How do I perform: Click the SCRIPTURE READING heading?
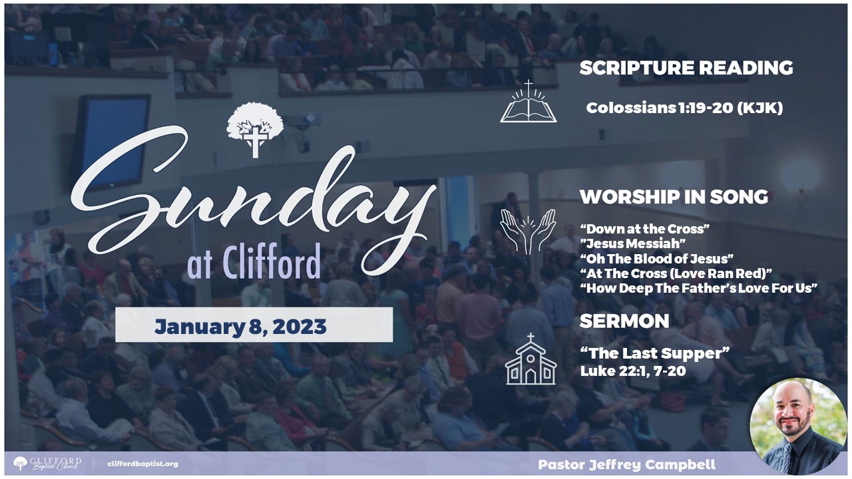pyautogui.click(x=686, y=68)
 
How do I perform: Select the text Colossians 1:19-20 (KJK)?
pyautogui.click(x=685, y=108)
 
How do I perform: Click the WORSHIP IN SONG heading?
pyautogui.click(x=674, y=197)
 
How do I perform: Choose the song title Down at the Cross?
pyautogui.click(x=645, y=229)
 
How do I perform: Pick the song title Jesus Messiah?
pyautogui.click(x=633, y=243)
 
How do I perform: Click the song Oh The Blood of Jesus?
pyautogui.click(x=657, y=259)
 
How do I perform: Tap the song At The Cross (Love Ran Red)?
pyautogui.click(x=676, y=273)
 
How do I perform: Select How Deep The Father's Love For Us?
pyautogui.click(x=699, y=288)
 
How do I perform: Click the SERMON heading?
pyautogui.click(x=624, y=321)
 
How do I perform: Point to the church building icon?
pyautogui.click(x=531, y=359)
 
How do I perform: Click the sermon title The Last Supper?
pyautogui.click(x=655, y=353)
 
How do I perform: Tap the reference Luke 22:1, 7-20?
pyautogui.click(x=633, y=371)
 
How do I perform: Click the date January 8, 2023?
pyautogui.click(x=240, y=327)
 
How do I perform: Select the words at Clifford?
pyautogui.click(x=254, y=262)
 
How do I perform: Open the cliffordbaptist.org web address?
pyautogui.click(x=142, y=464)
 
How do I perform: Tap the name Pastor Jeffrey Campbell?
pyautogui.click(x=627, y=464)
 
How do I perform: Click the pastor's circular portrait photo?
pyautogui.click(x=798, y=426)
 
